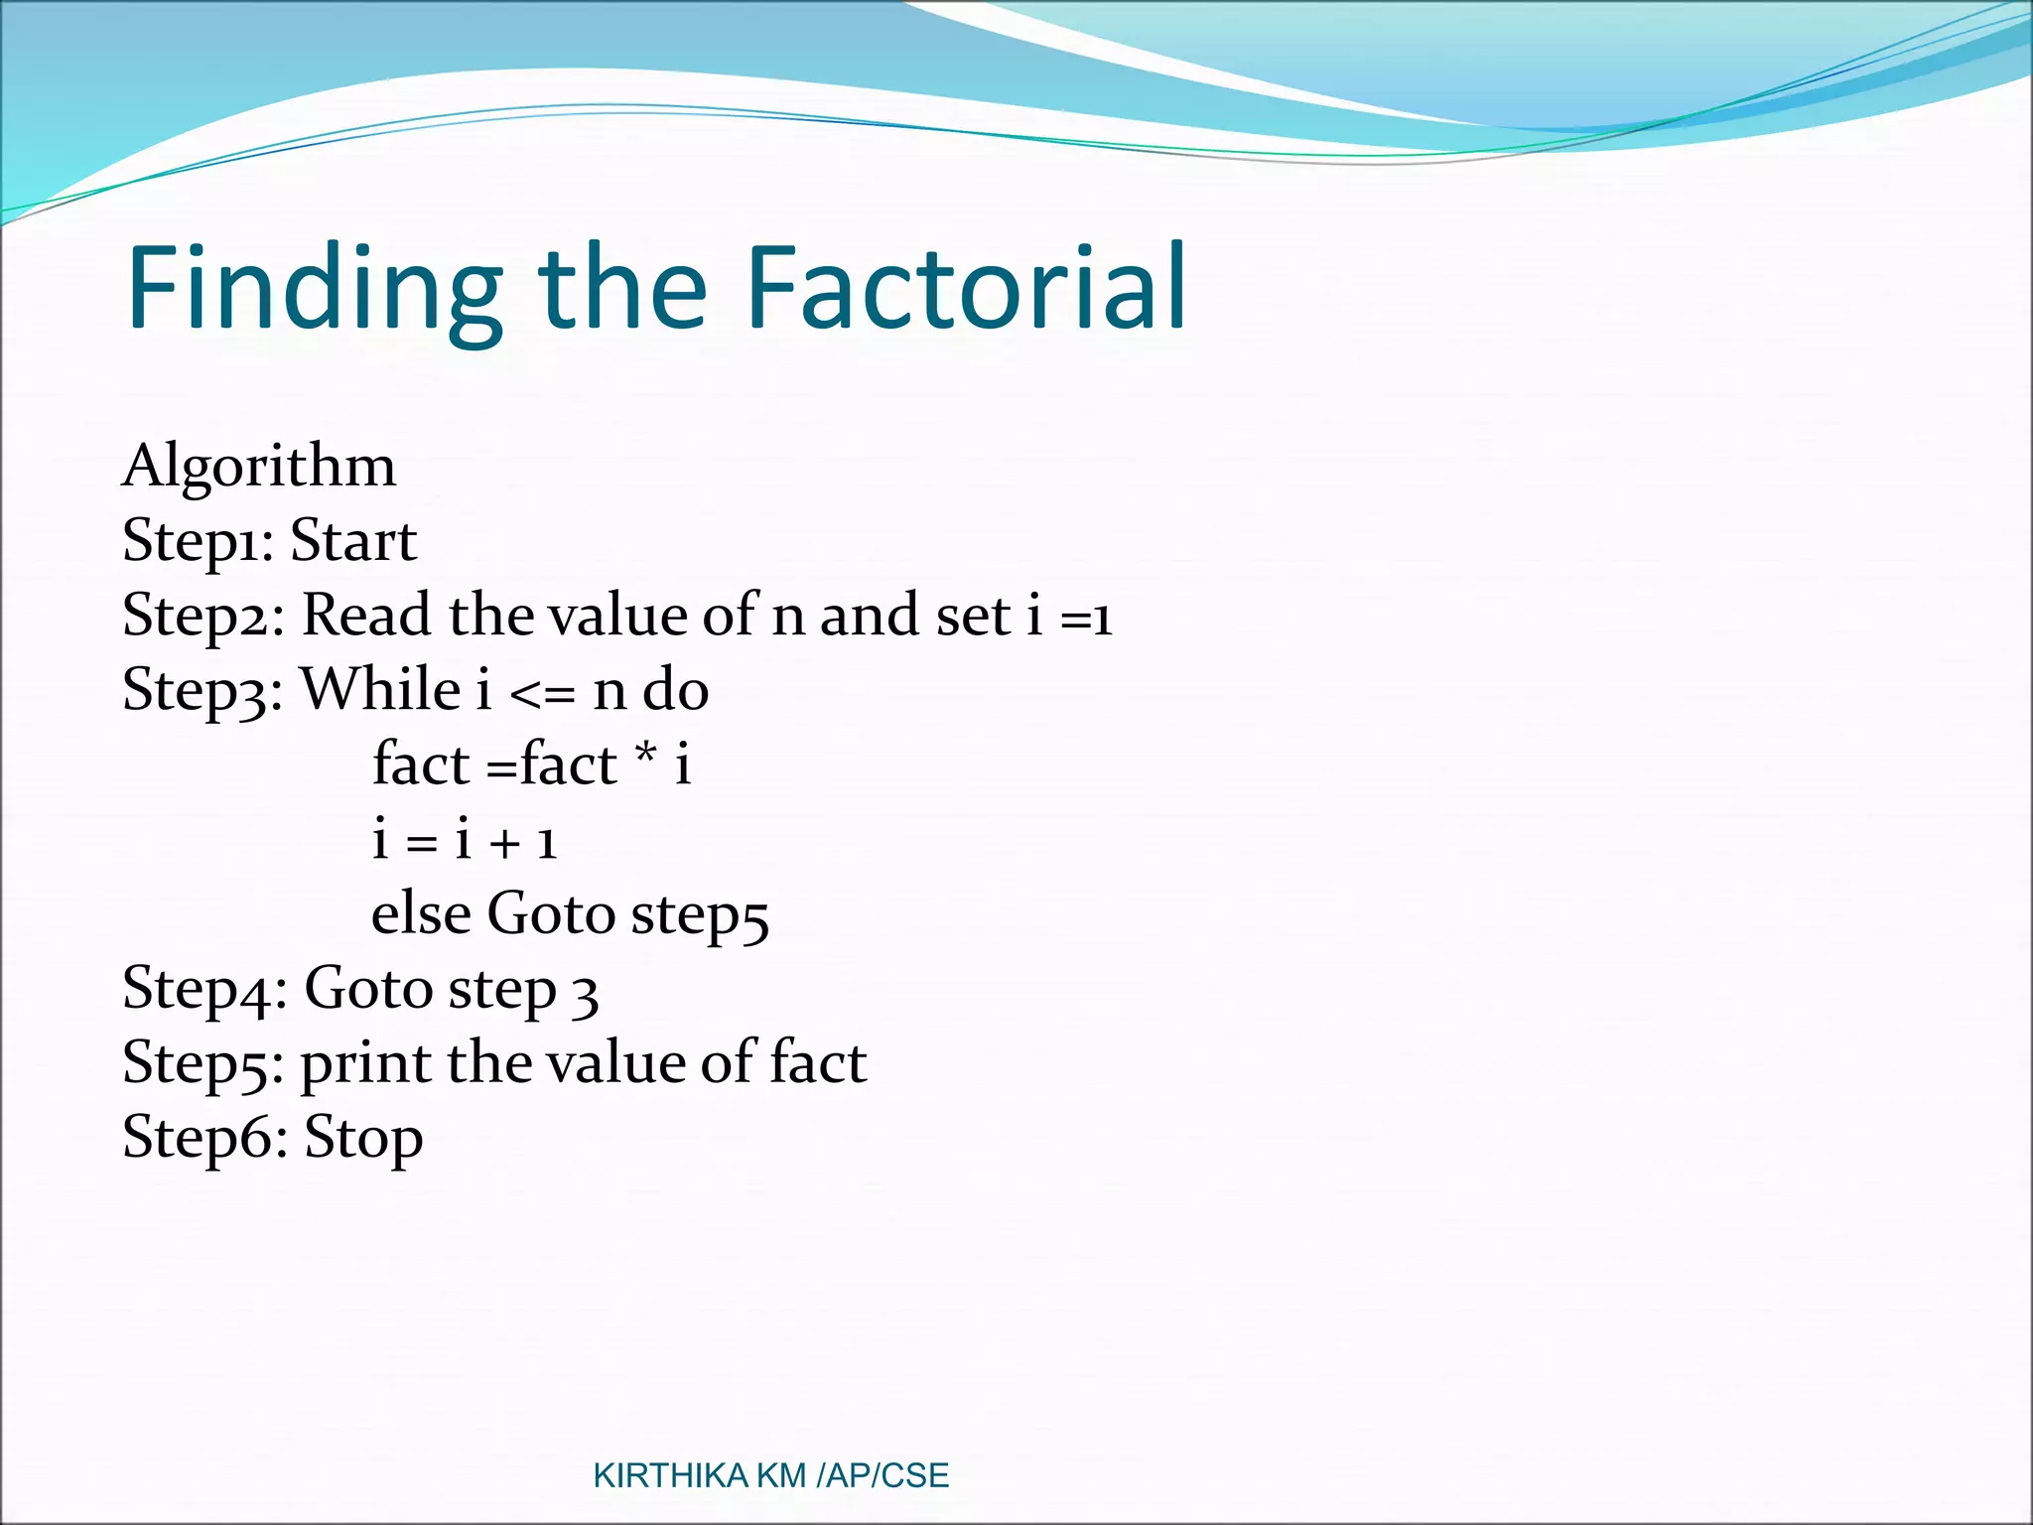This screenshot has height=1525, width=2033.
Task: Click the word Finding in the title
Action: click(x=314, y=289)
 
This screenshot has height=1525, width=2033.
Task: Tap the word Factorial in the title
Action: click(x=965, y=289)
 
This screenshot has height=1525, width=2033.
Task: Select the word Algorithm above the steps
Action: click(x=259, y=467)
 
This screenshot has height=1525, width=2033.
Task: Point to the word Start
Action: click(x=353, y=542)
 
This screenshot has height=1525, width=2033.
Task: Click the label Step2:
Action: click(x=203, y=617)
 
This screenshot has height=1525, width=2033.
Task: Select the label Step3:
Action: click(x=203, y=691)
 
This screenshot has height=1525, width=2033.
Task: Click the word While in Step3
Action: click(x=380, y=689)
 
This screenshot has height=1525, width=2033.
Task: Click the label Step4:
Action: click(x=204, y=990)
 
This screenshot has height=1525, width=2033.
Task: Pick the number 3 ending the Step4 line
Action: click(x=586, y=994)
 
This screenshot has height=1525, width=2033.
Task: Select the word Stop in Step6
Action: click(x=363, y=1139)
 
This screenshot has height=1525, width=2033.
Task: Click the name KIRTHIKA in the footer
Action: click(x=670, y=1476)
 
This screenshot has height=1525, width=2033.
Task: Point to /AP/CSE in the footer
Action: click(x=882, y=1476)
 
